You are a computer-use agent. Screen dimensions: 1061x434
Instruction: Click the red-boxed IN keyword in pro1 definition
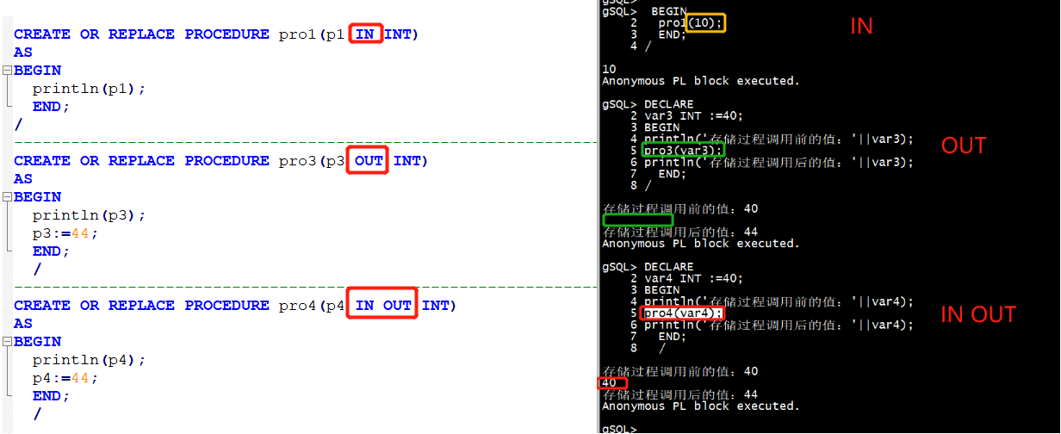coord(365,34)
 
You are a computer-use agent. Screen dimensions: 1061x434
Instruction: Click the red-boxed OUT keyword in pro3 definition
coord(368,161)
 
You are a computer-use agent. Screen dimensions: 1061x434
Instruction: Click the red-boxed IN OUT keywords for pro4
coord(382,306)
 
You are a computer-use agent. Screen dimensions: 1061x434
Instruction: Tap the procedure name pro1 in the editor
coord(297,34)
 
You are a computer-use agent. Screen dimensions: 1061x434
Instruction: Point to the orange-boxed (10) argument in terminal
coord(705,23)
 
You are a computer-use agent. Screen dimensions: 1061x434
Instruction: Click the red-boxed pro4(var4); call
coord(682,313)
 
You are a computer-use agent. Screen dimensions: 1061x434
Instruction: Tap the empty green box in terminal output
coord(637,220)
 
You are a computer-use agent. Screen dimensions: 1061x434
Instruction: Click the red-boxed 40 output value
coord(611,383)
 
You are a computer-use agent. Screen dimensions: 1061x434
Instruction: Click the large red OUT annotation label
coord(963,146)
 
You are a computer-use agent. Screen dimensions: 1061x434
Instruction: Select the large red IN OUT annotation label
coord(977,315)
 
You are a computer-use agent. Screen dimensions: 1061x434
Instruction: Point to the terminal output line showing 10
coord(609,69)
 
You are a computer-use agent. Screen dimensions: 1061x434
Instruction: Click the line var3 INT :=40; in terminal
coord(693,116)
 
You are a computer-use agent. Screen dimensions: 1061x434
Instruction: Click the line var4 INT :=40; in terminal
coord(693,279)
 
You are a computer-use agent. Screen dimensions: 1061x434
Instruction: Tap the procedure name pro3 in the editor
coord(297,161)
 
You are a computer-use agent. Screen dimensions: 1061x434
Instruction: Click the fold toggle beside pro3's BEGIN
coord(7,197)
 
